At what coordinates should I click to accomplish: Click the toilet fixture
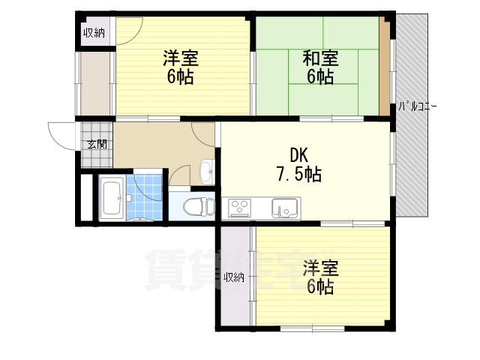tap(199, 206)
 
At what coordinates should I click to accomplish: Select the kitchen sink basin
tap(285, 208)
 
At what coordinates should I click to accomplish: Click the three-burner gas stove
tap(241, 208)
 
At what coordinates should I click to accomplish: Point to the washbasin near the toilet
tap(207, 172)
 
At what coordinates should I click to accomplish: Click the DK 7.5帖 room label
tap(299, 165)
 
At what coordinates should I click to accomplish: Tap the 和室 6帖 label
tap(320, 67)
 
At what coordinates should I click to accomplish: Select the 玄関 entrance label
tap(97, 144)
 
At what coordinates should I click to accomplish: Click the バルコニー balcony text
tap(417, 106)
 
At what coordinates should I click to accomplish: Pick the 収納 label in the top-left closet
tap(94, 32)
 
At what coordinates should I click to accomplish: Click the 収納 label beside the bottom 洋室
tap(234, 277)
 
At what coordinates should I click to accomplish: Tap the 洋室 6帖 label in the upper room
tap(181, 67)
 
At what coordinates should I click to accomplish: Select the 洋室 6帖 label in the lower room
tap(320, 277)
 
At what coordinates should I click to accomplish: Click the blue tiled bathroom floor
tap(144, 197)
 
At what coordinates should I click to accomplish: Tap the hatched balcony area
tap(412, 115)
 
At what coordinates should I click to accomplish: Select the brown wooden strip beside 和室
tap(385, 66)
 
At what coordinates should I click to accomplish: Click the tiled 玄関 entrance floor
tap(97, 145)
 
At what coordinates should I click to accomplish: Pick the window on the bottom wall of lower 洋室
tap(313, 328)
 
